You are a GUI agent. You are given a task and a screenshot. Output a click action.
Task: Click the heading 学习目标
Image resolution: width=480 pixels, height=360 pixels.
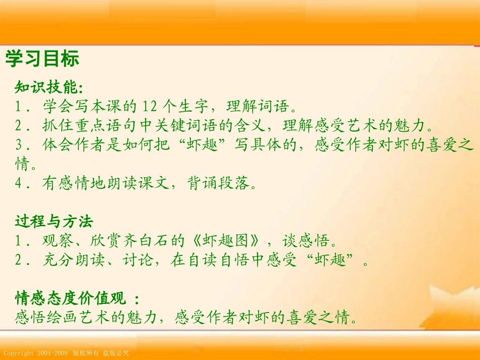click(42, 59)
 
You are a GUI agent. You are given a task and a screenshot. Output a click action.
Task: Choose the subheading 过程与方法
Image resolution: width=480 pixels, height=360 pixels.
click(55, 221)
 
